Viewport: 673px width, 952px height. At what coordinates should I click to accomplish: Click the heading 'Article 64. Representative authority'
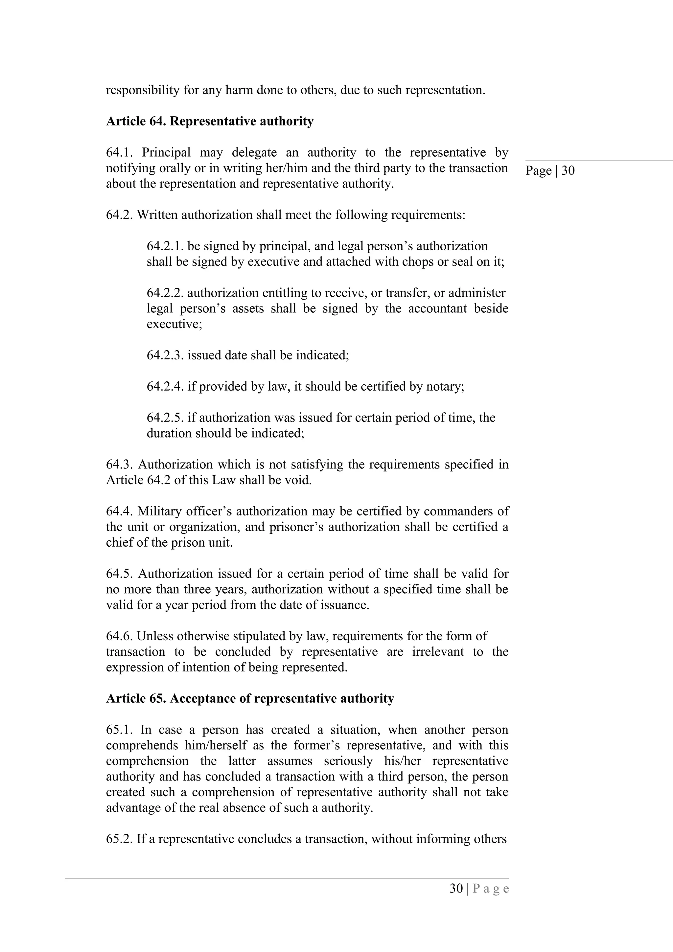(x=210, y=122)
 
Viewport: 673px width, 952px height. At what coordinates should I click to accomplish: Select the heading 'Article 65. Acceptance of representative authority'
(x=250, y=699)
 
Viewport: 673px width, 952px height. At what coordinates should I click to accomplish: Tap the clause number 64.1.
(x=119, y=152)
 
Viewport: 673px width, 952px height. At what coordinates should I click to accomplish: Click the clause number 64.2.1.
(x=165, y=246)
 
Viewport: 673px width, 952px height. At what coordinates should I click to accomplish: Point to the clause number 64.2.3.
(x=165, y=355)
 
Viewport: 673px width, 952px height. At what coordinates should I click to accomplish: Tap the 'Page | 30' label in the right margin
(x=550, y=170)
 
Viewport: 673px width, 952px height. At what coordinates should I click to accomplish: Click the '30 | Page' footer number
(x=479, y=889)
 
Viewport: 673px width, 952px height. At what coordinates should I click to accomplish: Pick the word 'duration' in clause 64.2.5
(x=169, y=433)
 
